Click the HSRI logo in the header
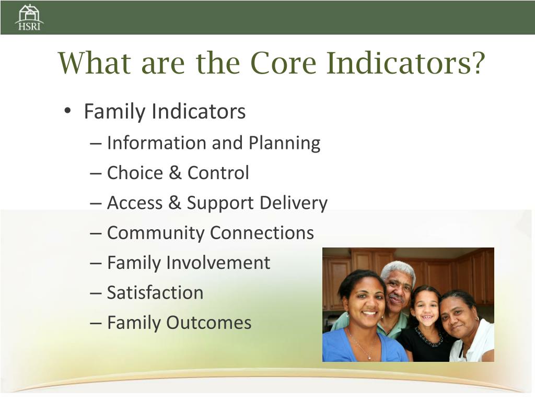[29, 17]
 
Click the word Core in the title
[283, 63]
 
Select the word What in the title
[95, 63]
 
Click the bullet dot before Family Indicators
[67, 111]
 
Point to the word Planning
[285, 143]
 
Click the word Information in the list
[156, 143]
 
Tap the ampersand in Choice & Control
[175, 172]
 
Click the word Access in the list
[135, 203]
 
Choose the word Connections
[262, 233]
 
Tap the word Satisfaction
[155, 293]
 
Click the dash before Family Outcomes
[96, 323]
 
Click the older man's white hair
[398, 269]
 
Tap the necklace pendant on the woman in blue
[369, 358]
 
